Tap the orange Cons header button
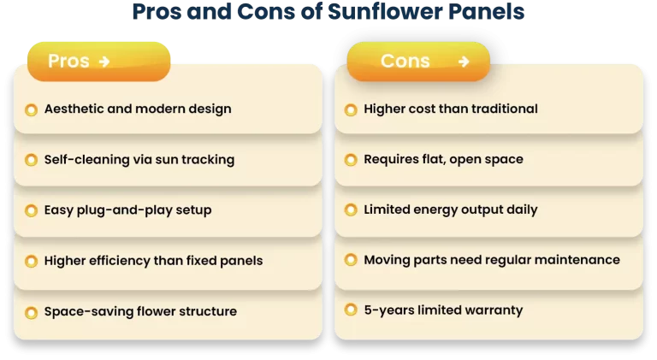(x=417, y=62)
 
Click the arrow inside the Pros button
(x=104, y=62)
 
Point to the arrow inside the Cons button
(x=464, y=62)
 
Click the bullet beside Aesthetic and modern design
(x=31, y=109)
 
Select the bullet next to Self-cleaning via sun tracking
(x=31, y=160)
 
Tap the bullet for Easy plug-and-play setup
(x=31, y=210)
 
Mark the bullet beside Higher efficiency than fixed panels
(x=31, y=261)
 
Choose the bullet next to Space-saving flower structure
(x=31, y=311)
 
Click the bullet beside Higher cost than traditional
(x=350, y=109)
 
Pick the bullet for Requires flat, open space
(x=350, y=160)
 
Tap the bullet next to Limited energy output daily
(x=350, y=210)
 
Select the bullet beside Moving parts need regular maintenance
(x=350, y=261)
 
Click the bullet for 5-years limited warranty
(x=350, y=310)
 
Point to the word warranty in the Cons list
(x=491, y=310)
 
